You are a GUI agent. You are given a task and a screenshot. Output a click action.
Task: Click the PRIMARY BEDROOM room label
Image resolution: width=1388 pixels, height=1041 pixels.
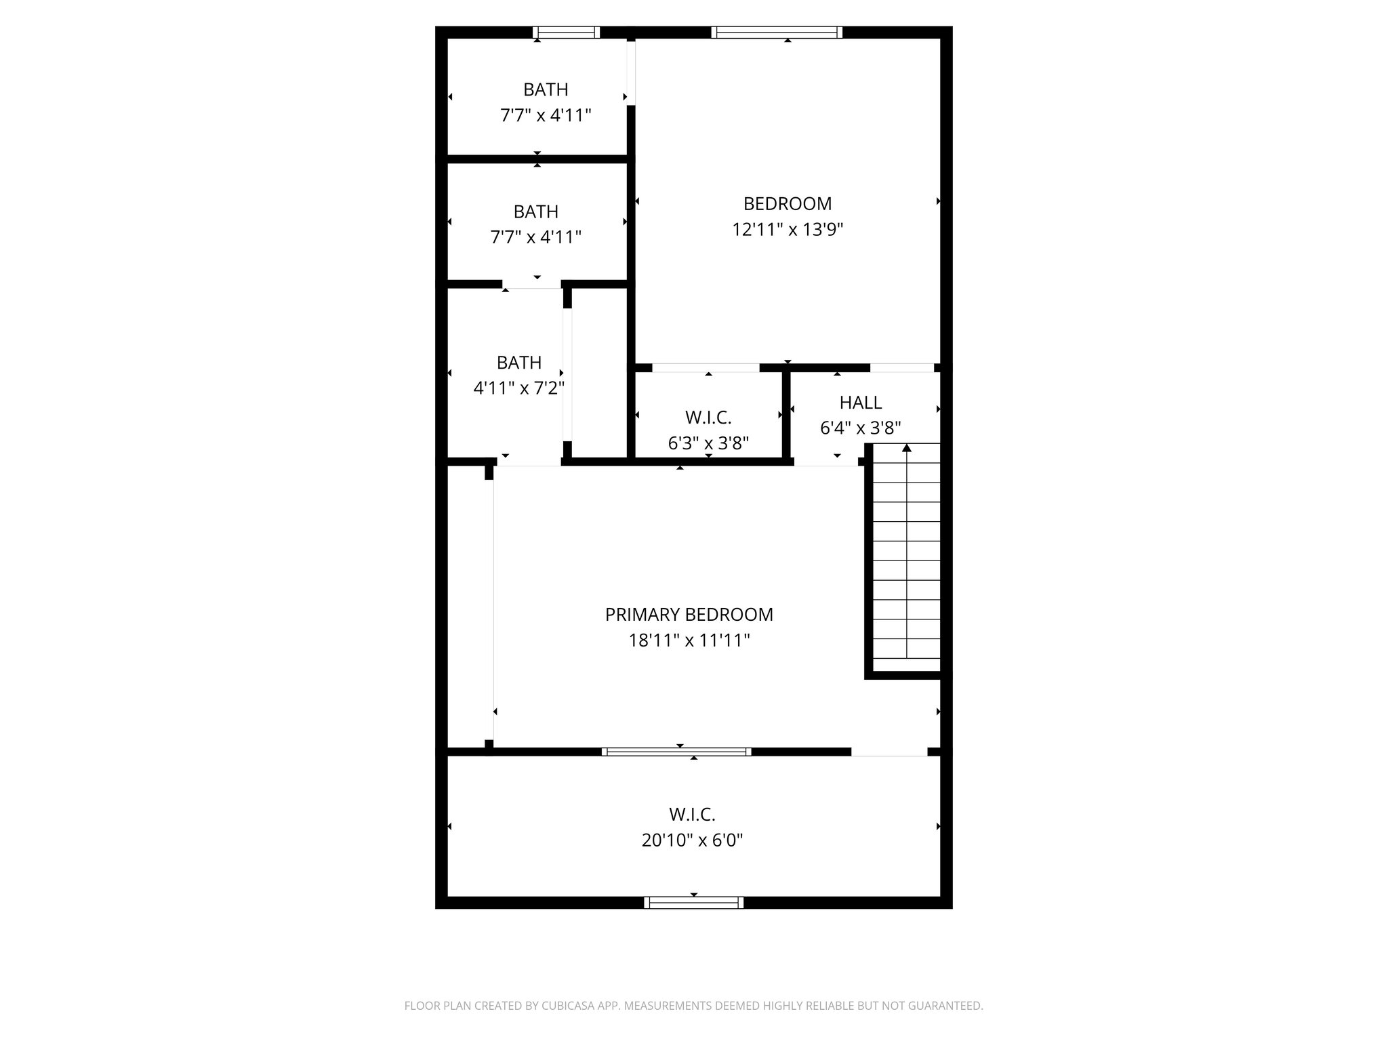[689, 615]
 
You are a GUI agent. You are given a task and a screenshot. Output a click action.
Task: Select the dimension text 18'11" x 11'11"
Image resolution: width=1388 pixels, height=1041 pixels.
[689, 640]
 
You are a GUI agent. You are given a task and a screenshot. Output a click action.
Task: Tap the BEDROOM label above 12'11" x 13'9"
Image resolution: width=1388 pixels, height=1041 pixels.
[787, 204]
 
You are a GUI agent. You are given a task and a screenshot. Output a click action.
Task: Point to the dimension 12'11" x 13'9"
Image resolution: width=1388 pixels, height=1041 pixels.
[787, 230]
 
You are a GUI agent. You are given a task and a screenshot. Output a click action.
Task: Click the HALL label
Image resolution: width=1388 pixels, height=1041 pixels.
[860, 403]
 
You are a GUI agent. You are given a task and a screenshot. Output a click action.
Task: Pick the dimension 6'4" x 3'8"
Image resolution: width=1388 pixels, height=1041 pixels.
[860, 428]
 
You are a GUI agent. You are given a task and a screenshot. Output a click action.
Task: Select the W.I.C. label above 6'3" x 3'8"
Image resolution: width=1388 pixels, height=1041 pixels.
[708, 417]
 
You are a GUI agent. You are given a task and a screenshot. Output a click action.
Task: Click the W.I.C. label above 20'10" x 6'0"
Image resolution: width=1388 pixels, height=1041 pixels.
[692, 814]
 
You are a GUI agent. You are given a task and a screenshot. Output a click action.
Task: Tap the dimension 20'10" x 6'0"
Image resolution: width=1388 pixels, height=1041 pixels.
[692, 840]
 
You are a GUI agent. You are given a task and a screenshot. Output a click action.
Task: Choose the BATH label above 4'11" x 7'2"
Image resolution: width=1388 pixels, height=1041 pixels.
[518, 363]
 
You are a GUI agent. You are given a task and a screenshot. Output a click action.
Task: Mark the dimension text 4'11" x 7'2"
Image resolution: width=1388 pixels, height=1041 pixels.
[518, 388]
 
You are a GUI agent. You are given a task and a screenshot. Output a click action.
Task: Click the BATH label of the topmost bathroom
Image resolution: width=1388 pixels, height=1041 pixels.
[546, 89]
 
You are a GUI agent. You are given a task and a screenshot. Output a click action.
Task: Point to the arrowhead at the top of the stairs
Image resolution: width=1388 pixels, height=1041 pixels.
[907, 448]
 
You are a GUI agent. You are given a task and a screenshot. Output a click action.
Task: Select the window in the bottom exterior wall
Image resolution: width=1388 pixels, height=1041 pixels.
[693, 902]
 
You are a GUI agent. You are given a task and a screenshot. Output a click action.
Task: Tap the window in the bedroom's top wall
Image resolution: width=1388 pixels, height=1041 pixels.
[777, 32]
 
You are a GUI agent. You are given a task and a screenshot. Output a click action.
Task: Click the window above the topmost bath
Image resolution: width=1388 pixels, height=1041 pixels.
[566, 32]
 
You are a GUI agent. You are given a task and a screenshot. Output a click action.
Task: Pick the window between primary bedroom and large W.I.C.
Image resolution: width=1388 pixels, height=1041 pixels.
[676, 751]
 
